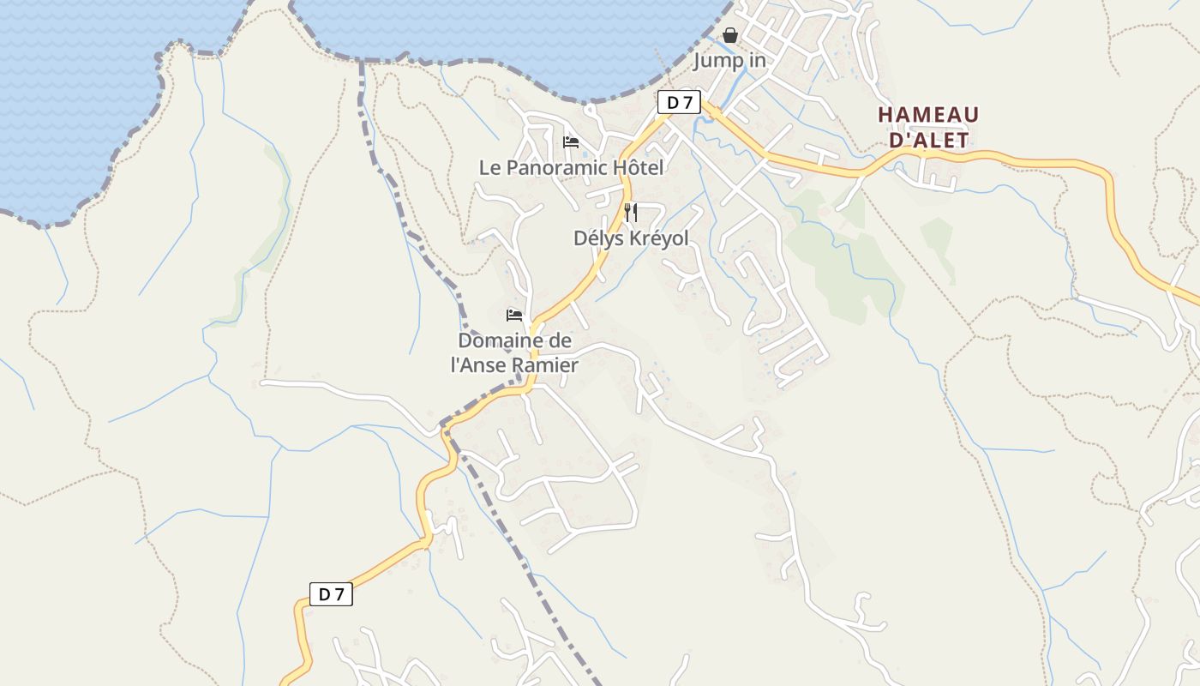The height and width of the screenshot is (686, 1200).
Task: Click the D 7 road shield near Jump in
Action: pos(679,103)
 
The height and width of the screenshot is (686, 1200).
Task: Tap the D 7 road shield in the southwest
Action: pos(331,594)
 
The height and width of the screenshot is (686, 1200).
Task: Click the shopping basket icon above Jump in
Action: pos(730,35)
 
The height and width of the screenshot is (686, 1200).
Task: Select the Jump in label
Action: pos(729,61)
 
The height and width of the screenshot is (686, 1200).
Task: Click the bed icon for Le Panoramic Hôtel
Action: pos(571,141)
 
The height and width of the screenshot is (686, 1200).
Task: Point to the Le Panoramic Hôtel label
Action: pos(571,167)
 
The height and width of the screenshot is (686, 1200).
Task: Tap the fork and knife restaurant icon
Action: pos(631,212)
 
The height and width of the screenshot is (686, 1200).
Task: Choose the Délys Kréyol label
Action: pos(631,238)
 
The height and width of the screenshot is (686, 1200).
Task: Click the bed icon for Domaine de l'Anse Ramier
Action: pos(514,315)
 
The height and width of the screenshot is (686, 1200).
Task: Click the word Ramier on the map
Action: pos(545,365)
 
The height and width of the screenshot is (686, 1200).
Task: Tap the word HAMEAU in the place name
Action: pos(928,115)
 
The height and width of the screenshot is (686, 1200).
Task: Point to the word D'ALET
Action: pos(928,140)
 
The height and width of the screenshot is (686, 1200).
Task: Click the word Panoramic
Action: pos(557,167)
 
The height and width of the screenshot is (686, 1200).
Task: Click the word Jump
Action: pos(714,61)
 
